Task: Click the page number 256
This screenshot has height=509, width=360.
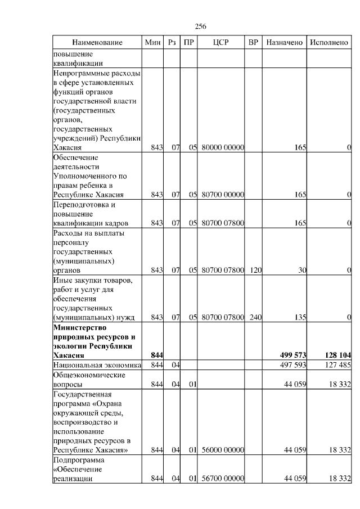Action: click(201, 26)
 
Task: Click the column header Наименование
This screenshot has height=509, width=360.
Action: click(97, 43)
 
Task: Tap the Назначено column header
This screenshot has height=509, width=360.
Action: click(285, 43)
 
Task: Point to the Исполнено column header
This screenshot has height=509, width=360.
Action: click(329, 43)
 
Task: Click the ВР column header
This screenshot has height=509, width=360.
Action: click(254, 43)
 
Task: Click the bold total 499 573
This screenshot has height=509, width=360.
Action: click(292, 355)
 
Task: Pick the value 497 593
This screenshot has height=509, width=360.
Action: click(293, 366)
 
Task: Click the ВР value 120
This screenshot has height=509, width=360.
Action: click(256, 271)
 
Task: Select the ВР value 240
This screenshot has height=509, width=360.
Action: click(256, 318)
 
